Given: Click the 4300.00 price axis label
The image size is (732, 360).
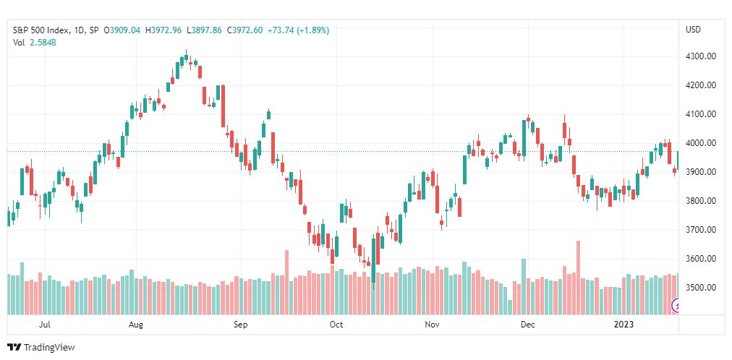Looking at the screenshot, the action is coord(700,56).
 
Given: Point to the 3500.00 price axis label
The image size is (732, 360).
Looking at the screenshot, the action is coord(700,288).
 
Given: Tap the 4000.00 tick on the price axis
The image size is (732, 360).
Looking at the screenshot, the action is coord(700,143).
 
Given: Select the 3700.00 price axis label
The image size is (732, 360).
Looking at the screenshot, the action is coord(700,230).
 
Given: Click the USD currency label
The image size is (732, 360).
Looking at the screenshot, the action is coord(693,30).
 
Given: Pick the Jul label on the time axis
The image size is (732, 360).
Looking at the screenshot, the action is coord(45,325).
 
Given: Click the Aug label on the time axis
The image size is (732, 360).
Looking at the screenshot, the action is coord(136,325).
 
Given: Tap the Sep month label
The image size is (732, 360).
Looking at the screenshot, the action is coord(240,325).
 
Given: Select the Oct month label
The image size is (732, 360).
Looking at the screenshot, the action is coord(336,325).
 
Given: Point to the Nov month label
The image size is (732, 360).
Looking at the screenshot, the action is coord(433,325).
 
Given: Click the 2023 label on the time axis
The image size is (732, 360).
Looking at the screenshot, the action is coord(625,325).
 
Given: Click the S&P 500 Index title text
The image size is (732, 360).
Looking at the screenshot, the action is coord(41,30).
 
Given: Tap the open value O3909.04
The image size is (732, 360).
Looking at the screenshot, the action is coord(122,30).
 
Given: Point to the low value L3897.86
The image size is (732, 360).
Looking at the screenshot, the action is coord(205,30).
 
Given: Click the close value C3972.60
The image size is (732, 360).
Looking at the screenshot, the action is coord(244,30).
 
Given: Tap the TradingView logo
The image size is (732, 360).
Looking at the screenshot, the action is coord(41,348).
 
